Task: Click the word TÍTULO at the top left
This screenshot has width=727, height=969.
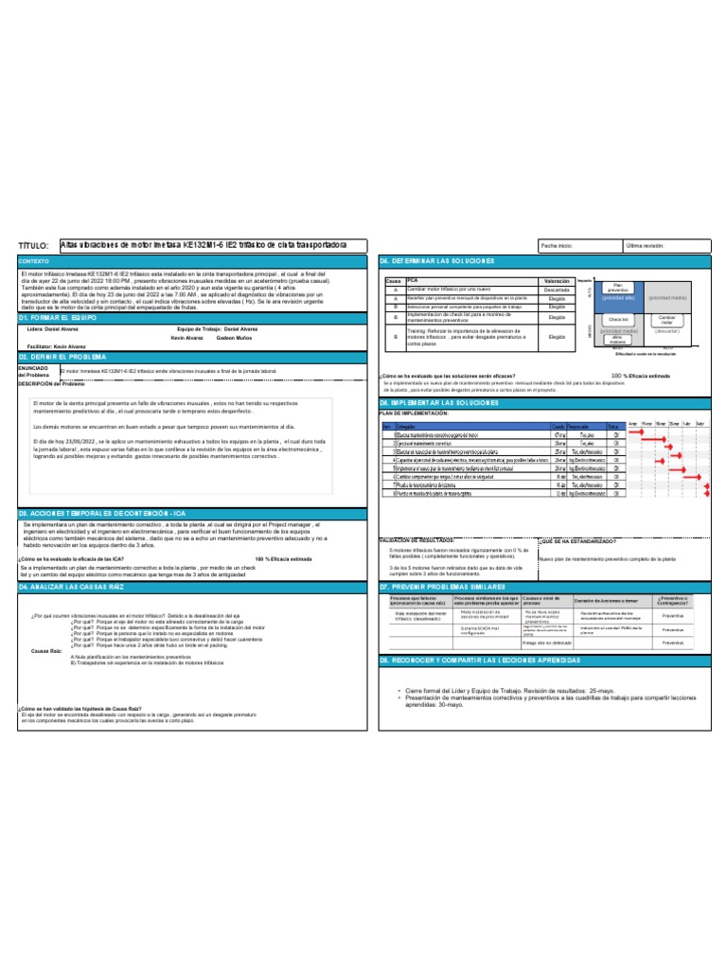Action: pyautogui.click(x=33, y=245)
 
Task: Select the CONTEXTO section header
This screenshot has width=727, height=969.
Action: pyautogui.click(x=34, y=260)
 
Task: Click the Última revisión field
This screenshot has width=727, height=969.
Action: pyautogui.click(x=647, y=245)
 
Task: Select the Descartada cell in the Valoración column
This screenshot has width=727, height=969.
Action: pyautogui.click(x=557, y=290)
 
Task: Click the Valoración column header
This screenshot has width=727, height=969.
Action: pyautogui.click(x=557, y=281)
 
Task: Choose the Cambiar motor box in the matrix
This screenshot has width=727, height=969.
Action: pyautogui.click(x=666, y=320)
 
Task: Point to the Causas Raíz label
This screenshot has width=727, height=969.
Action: pyautogui.click(x=46, y=652)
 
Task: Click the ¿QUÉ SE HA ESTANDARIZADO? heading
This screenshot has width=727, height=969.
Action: pyautogui.click(x=577, y=541)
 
